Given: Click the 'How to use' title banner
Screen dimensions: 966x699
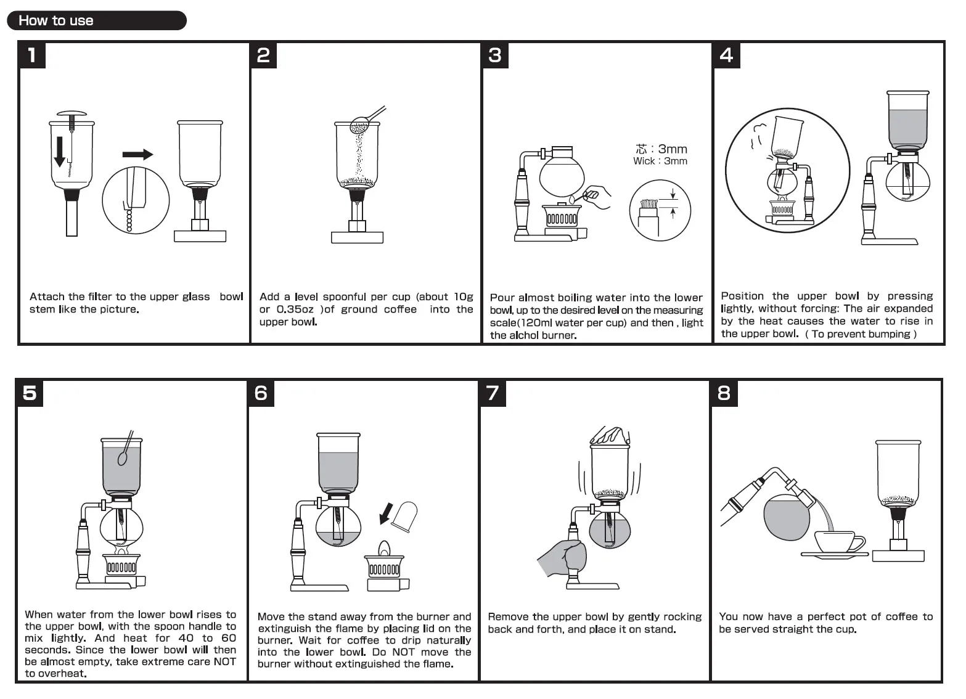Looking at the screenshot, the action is pyautogui.click(x=96, y=20).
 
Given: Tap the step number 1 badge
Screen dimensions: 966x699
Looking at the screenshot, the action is pyautogui.click(x=32, y=55).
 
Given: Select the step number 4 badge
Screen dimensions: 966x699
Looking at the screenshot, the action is pyautogui.click(x=726, y=55).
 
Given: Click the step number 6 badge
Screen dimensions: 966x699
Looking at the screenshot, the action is pyautogui.click(x=261, y=393).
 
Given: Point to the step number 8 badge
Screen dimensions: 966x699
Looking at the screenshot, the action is pyautogui.click(x=724, y=393).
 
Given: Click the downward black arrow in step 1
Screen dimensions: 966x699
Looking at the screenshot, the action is pyautogui.click(x=60, y=152).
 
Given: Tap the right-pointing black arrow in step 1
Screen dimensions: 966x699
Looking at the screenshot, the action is pyautogui.click(x=137, y=154).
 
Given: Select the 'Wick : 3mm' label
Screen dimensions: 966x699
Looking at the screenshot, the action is pyautogui.click(x=660, y=161).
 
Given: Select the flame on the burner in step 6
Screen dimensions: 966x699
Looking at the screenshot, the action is pyautogui.click(x=384, y=548).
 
